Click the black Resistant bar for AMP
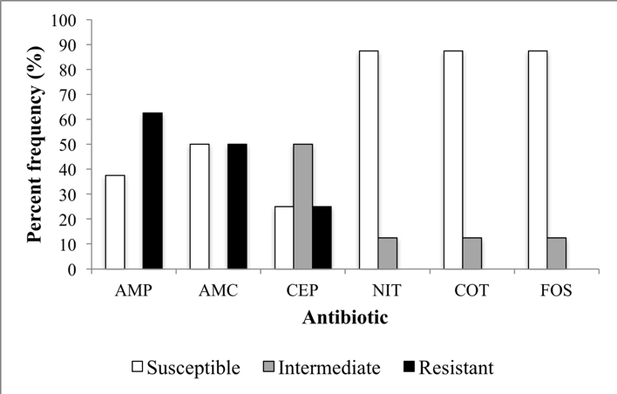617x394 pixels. [x=153, y=191]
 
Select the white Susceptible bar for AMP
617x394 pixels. [x=115, y=222]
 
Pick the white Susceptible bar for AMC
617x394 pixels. [x=200, y=207]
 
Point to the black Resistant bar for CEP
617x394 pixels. [x=322, y=238]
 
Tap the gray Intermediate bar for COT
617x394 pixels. [x=471, y=254]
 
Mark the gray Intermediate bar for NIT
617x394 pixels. [x=387, y=254]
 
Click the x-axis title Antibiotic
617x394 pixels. [x=345, y=318]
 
